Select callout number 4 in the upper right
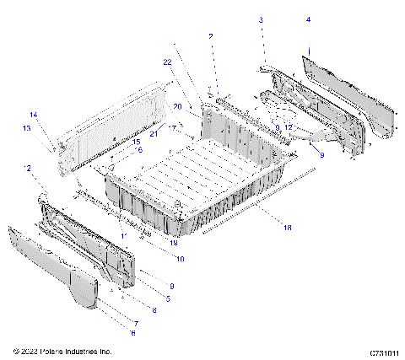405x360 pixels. click(x=308, y=19)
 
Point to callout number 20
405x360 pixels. click(x=178, y=107)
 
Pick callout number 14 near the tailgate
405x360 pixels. click(x=34, y=114)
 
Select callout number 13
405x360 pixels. click(x=27, y=128)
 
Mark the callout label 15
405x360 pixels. click(x=136, y=142)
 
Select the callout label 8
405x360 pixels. click(x=130, y=310)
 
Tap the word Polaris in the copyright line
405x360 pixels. click(x=49, y=351)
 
